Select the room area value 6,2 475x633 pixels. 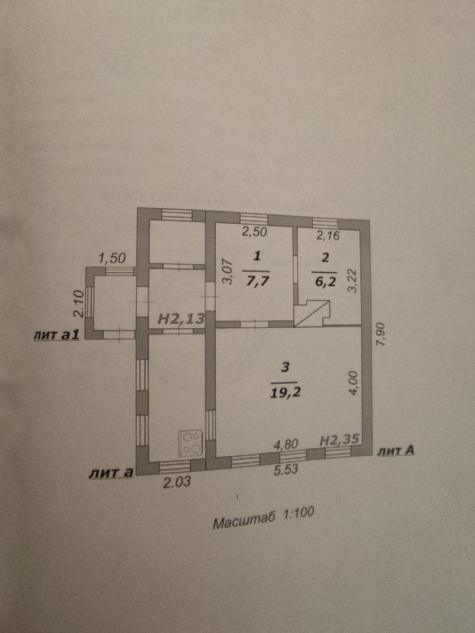tap(324, 283)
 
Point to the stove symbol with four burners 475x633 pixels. tap(191, 447)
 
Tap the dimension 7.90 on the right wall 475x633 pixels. tap(383, 338)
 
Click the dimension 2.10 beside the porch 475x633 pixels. tap(78, 303)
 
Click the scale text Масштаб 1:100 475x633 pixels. tap(263, 521)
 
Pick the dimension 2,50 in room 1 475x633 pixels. tap(254, 231)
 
